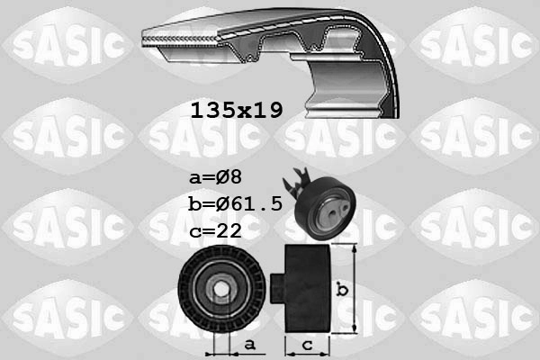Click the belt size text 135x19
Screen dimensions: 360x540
tap(237, 111)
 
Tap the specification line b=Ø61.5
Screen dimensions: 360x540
tap(237, 203)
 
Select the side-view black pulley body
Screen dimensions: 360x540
tap(308, 288)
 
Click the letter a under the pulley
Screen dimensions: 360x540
tap(251, 344)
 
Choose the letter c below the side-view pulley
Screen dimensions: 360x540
tap(308, 344)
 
